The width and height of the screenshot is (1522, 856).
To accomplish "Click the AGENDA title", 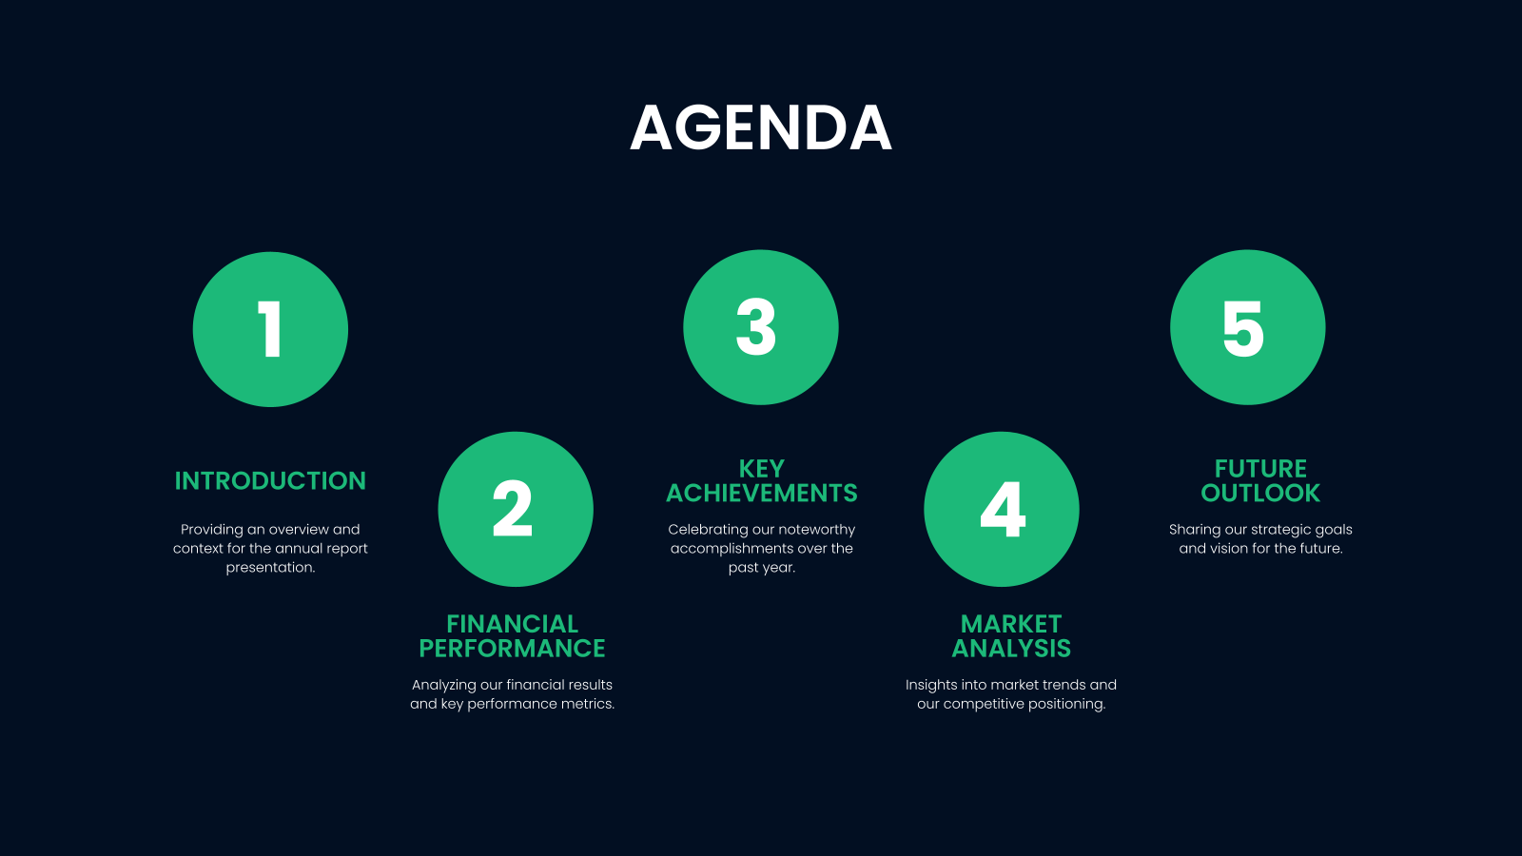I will (x=761, y=128).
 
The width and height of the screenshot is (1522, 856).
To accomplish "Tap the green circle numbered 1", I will (x=270, y=329).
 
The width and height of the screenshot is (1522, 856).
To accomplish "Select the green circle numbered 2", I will (x=515, y=509).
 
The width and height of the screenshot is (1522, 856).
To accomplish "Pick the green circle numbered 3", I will (x=760, y=327).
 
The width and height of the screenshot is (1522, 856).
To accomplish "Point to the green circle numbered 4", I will (x=1001, y=509).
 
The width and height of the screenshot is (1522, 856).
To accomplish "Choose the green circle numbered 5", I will (x=1247, y=327).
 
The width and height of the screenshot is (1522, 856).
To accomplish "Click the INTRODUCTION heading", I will (x=270, y=481).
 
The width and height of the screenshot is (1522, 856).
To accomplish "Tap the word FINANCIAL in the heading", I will (x=512, y=624).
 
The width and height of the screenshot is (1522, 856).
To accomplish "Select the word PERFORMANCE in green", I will (x=512, y=649).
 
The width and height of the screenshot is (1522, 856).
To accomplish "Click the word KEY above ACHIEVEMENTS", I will (x=761, y=469).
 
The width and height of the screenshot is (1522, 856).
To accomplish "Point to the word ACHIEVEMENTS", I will (x=761, y=494).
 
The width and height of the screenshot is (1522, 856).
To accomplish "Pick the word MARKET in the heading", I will (x=1011, y=624).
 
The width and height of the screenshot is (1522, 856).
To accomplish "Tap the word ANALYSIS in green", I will (x=1011, y=649).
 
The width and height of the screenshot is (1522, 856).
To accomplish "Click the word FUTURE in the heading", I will (x=1260, y=469).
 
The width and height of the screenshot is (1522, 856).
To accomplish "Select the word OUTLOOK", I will (x=1260, y=494).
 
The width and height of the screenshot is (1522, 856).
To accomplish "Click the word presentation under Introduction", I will (x=269, y=568).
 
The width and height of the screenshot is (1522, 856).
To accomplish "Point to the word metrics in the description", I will (x=586, y=704).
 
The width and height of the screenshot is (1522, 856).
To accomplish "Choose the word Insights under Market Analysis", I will (x=931, y=685).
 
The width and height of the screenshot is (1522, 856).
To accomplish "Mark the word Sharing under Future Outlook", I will (x=1195, y=530).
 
